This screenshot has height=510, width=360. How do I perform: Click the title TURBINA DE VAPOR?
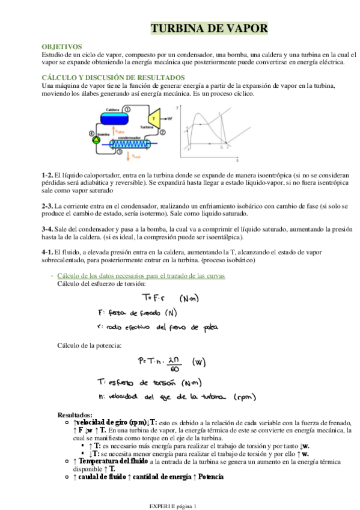click(x=209, y=29)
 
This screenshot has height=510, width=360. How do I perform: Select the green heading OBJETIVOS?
click(x=62, y=46)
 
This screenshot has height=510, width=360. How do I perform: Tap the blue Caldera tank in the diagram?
click(x=113, y=116)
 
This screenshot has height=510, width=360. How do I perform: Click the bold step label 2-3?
click(x=47, y=206)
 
